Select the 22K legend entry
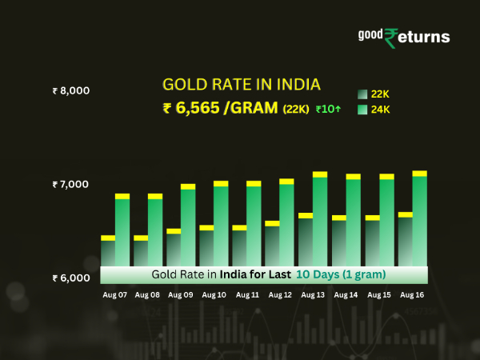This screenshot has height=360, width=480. (x=372, y=94)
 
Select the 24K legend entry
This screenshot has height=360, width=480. (x=372, y=110)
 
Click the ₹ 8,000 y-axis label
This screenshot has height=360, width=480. (x=70, y=90)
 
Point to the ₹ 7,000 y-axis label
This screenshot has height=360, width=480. (x=70, y=184)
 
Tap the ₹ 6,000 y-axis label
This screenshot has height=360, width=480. (x=70, y=278)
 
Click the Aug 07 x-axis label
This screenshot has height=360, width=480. (x=114, y=295)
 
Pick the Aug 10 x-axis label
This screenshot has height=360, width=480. (x=214, y=295)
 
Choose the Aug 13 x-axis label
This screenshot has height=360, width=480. (x=313, y=295)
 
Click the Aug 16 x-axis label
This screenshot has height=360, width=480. (x=412, y=295)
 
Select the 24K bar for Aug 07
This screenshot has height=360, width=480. (x=122, y=232)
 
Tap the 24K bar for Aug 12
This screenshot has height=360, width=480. (x=287, y=224)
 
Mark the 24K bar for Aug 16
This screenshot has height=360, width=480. (x=419, y=220)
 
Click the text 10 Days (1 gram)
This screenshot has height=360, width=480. (x=341, y=274)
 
